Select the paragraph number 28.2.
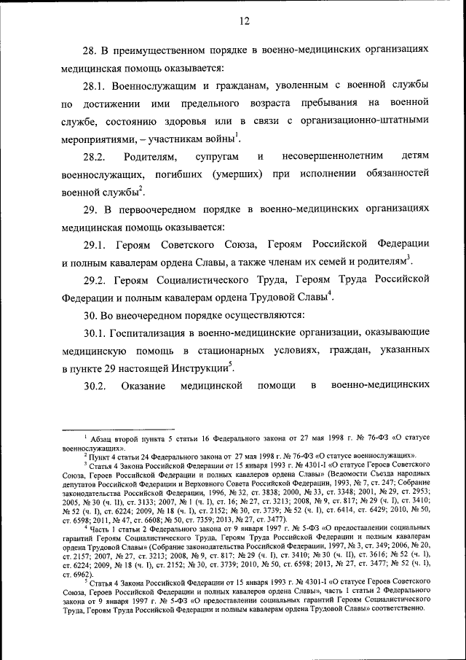95,157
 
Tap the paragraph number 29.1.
95,243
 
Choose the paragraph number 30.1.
95,333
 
